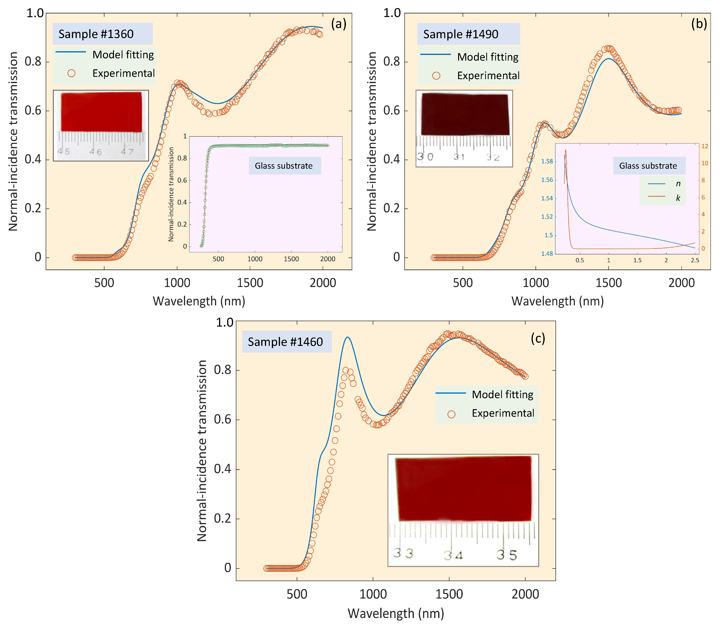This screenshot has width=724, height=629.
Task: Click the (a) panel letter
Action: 338,24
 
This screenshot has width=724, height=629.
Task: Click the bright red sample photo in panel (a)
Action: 101,112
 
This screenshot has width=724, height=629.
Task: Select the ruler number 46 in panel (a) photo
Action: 95,152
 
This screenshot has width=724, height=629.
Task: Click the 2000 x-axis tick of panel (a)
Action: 323,283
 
